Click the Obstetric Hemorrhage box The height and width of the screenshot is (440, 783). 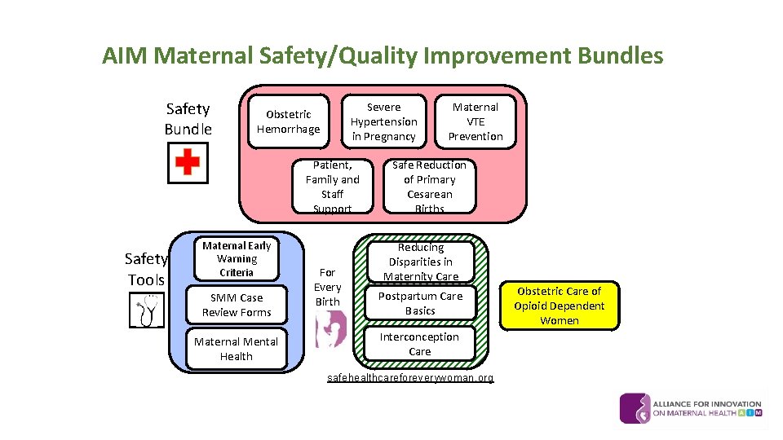288,122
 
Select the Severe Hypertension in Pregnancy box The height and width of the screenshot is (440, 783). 383,122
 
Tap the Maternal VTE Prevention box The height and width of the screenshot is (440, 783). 475,122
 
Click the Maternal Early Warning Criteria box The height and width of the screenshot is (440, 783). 237,259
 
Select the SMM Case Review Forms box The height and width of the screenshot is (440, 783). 237,306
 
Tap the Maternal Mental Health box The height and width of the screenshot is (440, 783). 237,350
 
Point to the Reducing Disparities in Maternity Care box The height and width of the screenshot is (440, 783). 421,262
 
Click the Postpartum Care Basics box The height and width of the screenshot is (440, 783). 420,304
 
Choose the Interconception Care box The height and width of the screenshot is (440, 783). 420,345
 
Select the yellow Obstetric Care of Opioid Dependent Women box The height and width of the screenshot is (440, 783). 560,306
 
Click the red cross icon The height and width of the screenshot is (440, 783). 188,162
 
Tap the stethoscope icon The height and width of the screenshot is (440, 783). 147,310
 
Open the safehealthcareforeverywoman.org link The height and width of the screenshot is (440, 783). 410,378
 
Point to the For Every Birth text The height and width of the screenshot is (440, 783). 327,287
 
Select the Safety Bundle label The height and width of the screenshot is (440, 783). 188,119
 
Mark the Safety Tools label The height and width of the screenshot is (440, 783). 146,269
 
